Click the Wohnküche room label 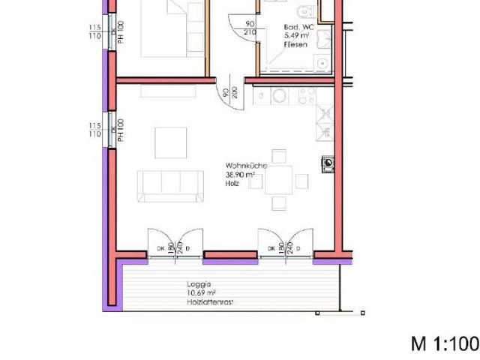pos(241,166)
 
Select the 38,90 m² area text pos(240,174)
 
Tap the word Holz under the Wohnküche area pos(231,182)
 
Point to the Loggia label pos(198,285)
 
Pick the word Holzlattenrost pos(209,302)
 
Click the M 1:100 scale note pos(444,343)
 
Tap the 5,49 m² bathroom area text pos(297,36)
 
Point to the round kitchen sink pos(279,96)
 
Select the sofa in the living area pos(170,185)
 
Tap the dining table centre pos(279,179)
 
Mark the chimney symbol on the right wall pos(328,163)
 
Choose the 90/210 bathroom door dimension pos(250,28)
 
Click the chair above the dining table pos(278,156)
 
